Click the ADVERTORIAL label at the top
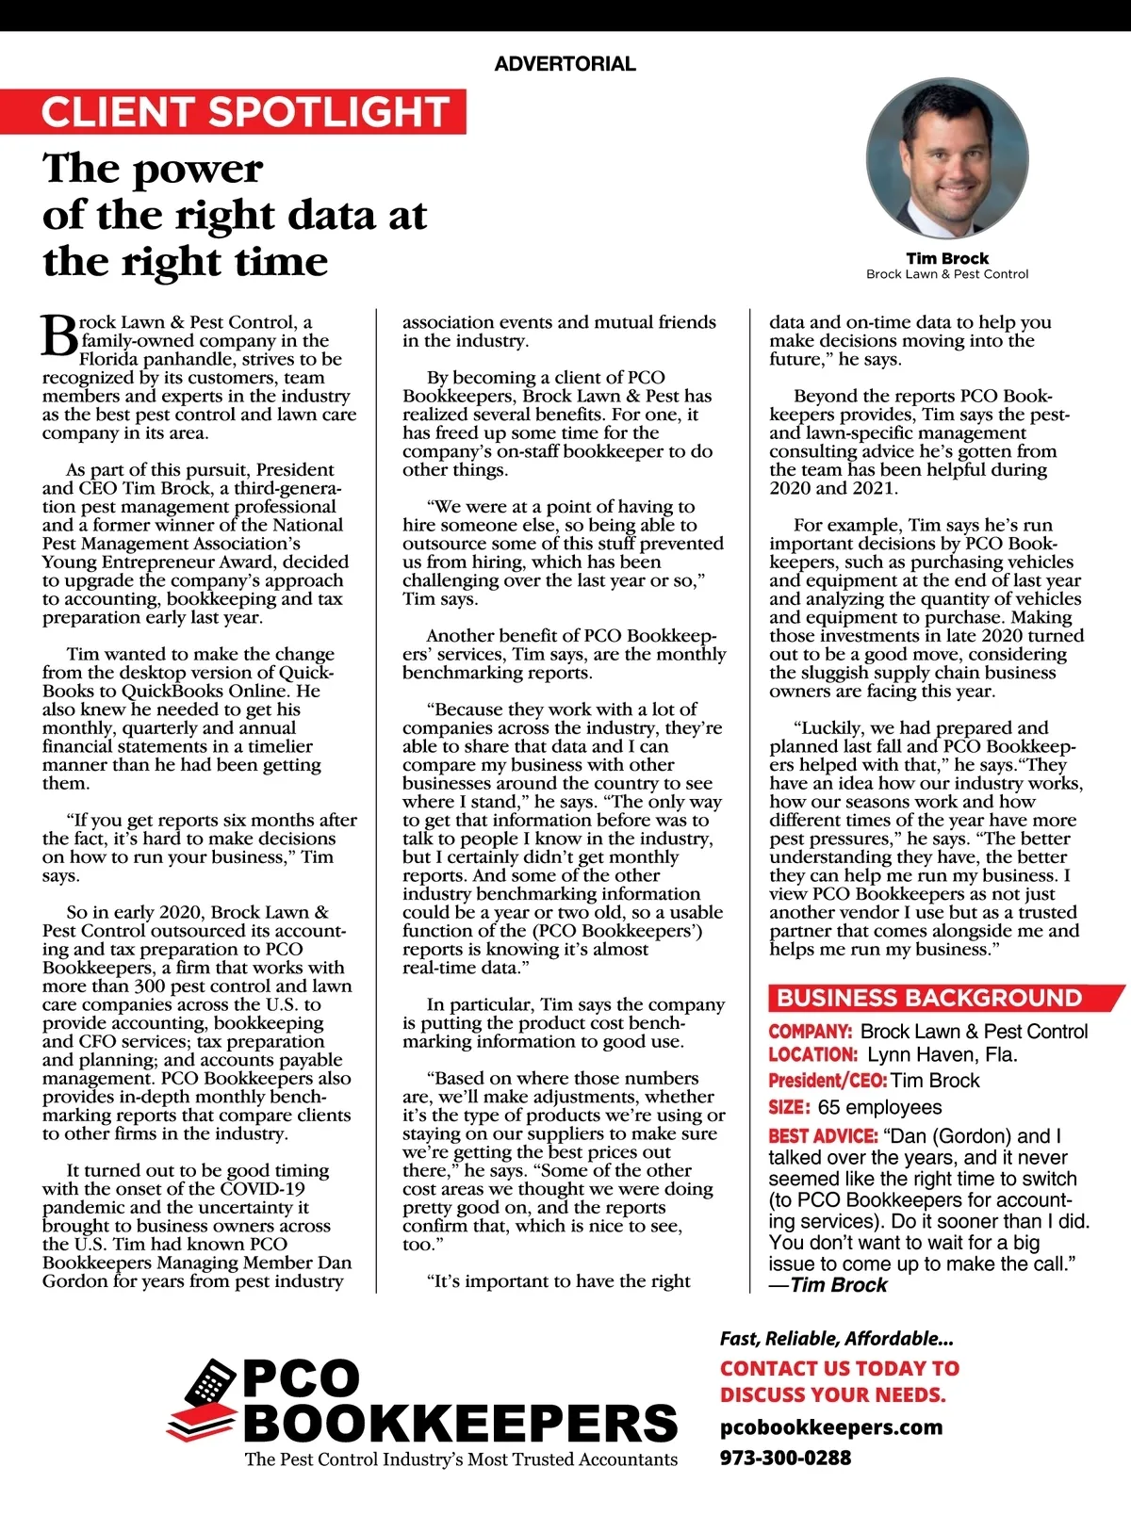[565, 64]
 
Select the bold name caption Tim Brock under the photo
[947, 258]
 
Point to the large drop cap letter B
[58, 336]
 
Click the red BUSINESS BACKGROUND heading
[929, 998]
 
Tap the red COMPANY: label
[810, 1032]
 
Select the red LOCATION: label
[812, 1055]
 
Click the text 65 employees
[879, 1107]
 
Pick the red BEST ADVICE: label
[823, 1136]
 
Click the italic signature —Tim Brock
[828, 1285]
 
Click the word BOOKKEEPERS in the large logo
[460, 1423]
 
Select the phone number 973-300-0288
[785, 1458]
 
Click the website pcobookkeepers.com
[830, 1426]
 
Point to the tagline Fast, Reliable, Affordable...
[836, 1339]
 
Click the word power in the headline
[199, 170]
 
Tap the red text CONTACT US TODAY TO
[839, 1368]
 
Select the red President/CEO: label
[827, 1081]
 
